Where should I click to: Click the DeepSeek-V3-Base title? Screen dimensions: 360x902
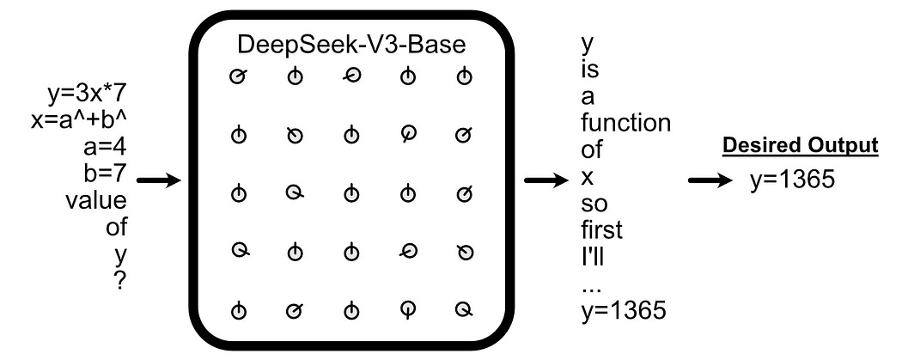pyautogui.click(x=352, y=43)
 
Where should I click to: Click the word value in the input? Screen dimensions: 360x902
pyautogui.click(x=96, y=201)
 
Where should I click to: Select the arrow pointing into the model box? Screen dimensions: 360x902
pyautogui.click(x=158, y=180)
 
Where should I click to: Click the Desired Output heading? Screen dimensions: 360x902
pyautogui.click(x=801, y=146)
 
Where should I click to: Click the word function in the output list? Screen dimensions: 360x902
pyautogui.click(x=625, y=123)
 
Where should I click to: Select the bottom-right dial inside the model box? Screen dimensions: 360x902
pyautogui.click(x=465, y=308)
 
